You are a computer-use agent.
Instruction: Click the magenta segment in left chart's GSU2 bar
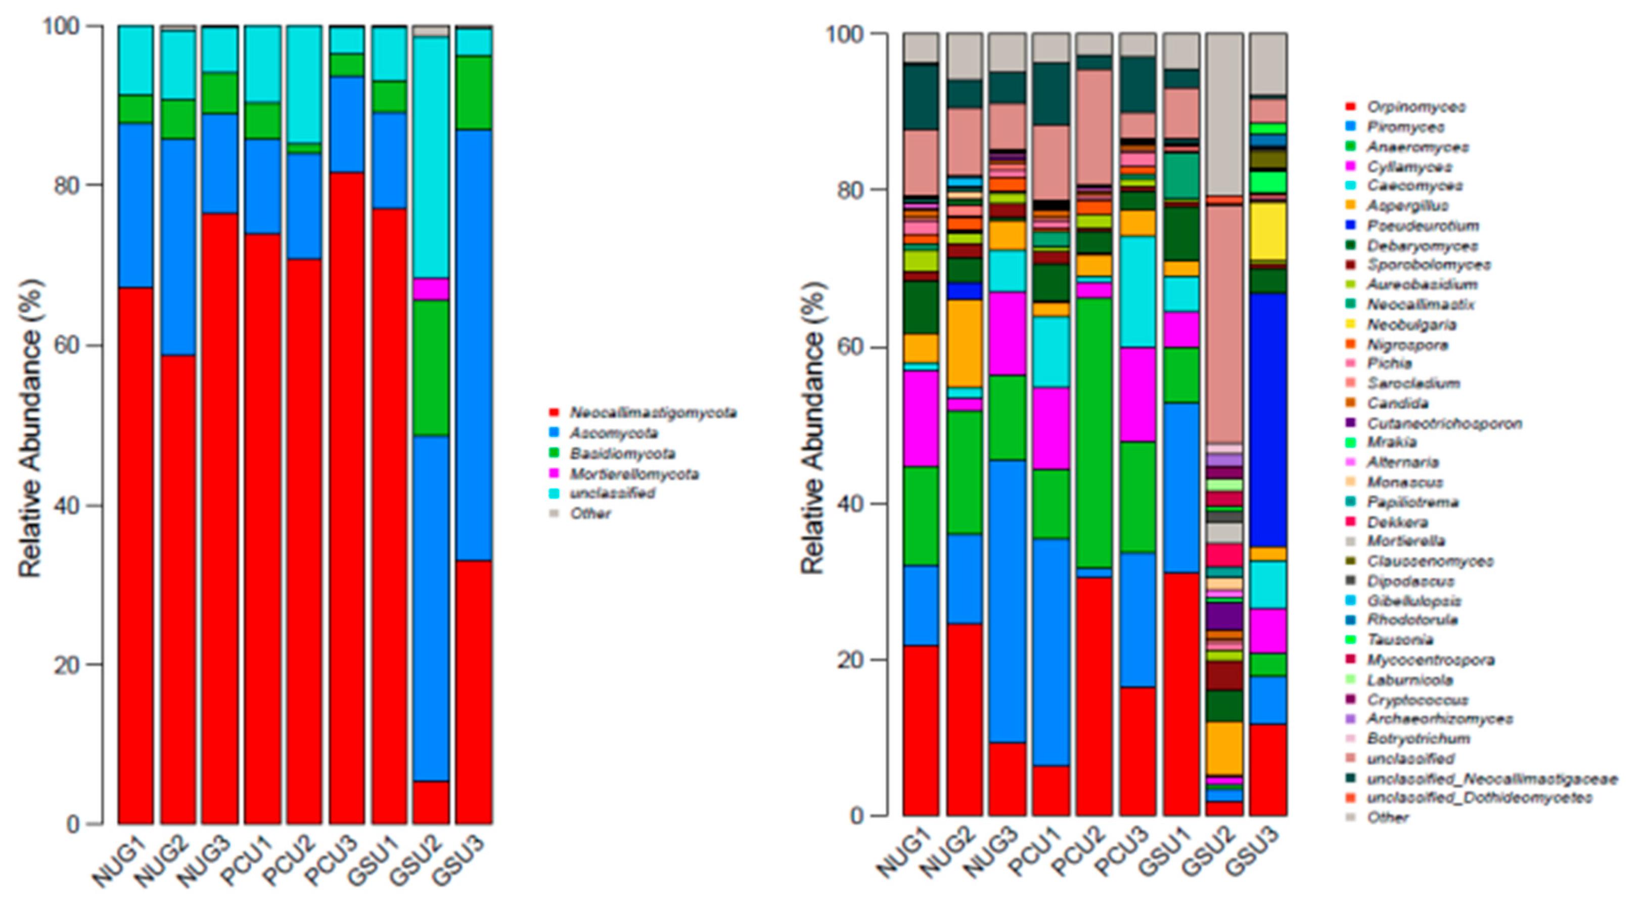(431, 289)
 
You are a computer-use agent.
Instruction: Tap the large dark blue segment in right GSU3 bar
(1267, 421)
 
